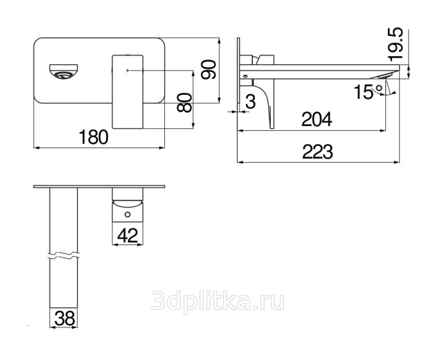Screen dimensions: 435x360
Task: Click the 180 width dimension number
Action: tap(94, 137)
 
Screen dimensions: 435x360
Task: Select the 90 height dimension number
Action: tap(208, 70)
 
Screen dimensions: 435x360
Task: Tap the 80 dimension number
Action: tap(184, 102)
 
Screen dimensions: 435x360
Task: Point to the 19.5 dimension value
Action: tap(396, 44)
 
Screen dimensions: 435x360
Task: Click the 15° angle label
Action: tap(368, 92)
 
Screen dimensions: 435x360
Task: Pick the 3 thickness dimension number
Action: tap(251, 102)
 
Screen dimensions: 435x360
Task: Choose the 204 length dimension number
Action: tap(317, 119)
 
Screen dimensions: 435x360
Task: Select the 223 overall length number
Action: tap(317, 152)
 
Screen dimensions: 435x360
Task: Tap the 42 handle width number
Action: tap(127, 235)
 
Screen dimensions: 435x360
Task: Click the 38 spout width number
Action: tap(64, 318)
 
